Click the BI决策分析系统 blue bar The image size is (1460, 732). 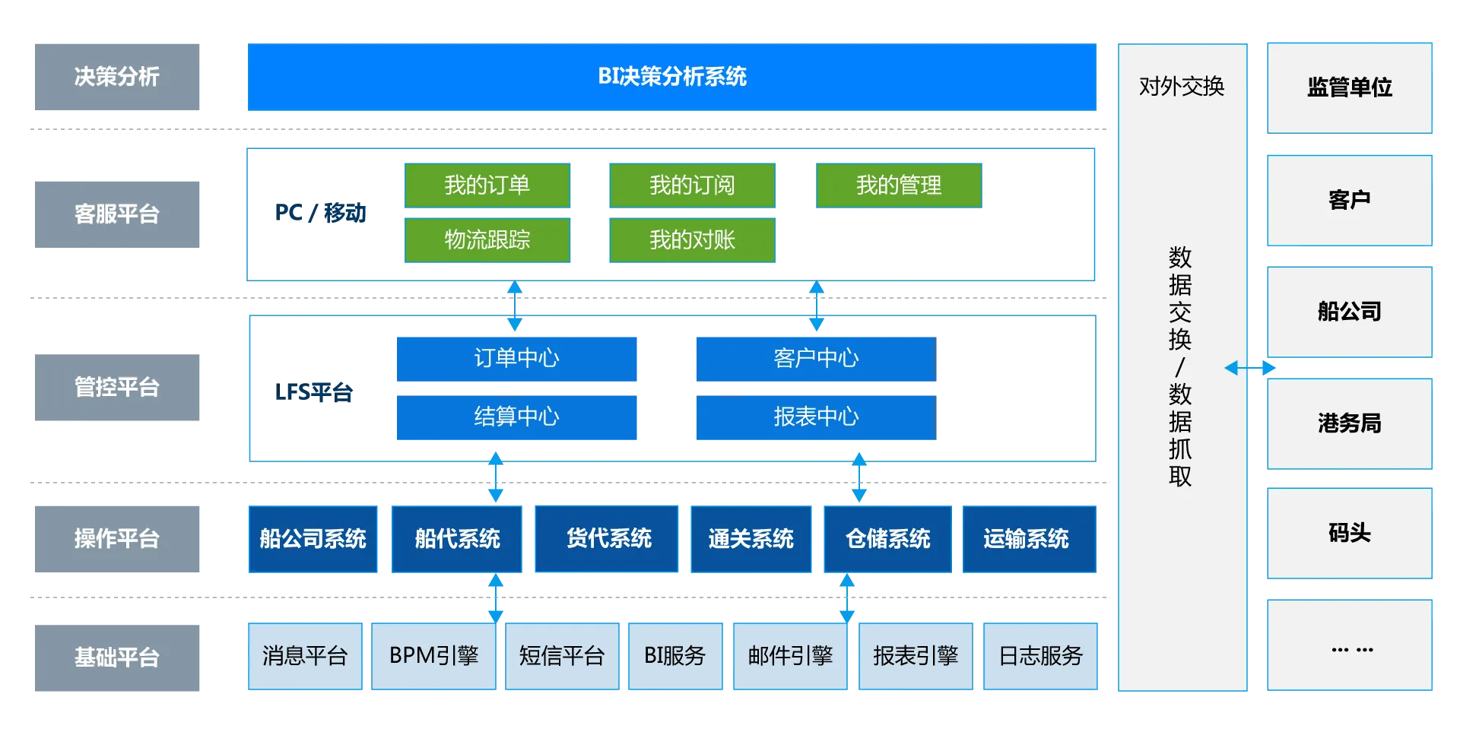[672, 78]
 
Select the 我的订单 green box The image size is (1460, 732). [487, 185]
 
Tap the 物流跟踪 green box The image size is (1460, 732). [487, 240]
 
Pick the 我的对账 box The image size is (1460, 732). [693, 240]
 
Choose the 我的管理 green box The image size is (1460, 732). [899, 185]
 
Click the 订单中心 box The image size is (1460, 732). [516, 358]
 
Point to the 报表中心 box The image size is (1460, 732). [815, 417]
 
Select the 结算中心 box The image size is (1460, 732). [516, 417]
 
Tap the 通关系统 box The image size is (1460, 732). [751, 539]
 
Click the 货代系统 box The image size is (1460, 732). [608, 539]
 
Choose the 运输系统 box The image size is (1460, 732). [1027, 539]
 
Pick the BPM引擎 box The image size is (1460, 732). [433, 655]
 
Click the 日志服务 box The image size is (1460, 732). [1040, 655]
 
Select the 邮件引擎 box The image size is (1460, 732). [789, 655]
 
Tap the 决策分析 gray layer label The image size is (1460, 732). [116, 78]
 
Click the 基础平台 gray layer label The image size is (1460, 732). [116, 657]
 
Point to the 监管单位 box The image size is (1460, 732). [1350, 87]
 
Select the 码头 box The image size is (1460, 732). [1350, 534]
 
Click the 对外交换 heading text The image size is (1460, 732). [1182, 87]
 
